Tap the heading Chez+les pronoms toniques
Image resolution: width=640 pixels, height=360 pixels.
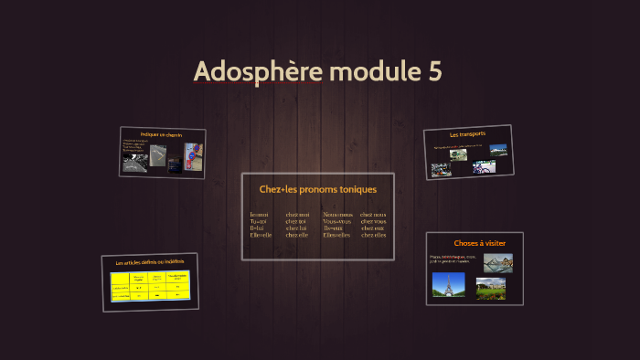(318, 189)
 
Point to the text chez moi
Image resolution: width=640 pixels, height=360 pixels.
(297, 214)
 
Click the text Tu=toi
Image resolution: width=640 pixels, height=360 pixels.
(258, 221)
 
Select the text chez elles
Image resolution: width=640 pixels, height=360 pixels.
(373, 235)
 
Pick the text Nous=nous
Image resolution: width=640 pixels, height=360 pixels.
(337, 214)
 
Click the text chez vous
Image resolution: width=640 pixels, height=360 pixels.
(373, 221)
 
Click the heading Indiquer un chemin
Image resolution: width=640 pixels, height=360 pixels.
(162, 135)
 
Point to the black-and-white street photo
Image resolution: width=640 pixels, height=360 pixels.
(134, 164)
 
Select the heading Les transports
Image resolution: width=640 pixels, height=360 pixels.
(467, 134)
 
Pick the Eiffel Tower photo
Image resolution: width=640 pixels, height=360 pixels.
(448, 285)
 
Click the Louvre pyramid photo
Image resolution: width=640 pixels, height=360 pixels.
(497, 263)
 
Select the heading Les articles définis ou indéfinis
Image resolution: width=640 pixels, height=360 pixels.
(150, 263)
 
